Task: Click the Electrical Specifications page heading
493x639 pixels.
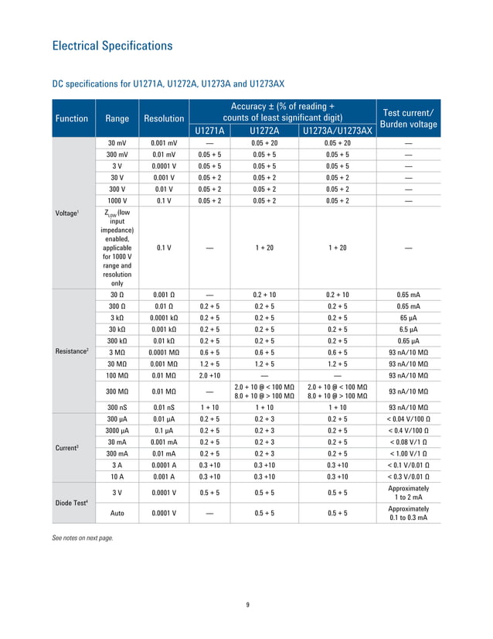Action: (x=111, y=46)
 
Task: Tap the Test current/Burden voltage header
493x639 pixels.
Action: (x=407, y=118)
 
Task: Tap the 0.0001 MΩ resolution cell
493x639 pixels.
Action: (x=164, y=351)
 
